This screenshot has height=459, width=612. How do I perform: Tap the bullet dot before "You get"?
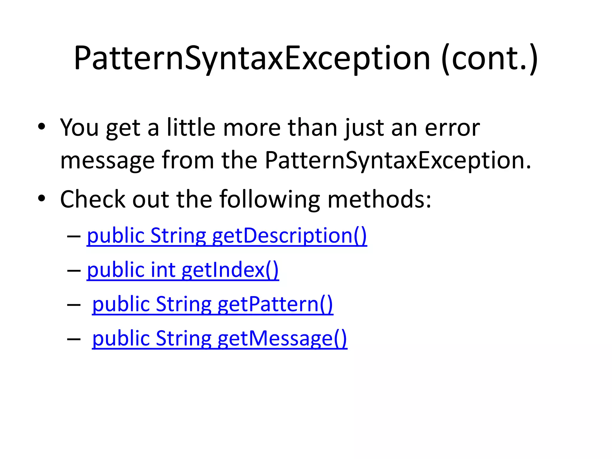42,127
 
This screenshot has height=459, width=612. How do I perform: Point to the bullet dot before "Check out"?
42,198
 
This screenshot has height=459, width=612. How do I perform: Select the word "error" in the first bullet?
452,128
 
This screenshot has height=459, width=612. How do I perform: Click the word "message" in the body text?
107,160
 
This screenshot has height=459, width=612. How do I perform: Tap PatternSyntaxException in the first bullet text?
398,160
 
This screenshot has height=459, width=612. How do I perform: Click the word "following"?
270,199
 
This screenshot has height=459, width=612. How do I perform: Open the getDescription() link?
289,236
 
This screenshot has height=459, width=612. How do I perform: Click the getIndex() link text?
230,270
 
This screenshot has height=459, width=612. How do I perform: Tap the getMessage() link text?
282,339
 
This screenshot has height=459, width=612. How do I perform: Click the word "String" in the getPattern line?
183,304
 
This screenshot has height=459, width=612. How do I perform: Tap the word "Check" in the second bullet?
93,199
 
